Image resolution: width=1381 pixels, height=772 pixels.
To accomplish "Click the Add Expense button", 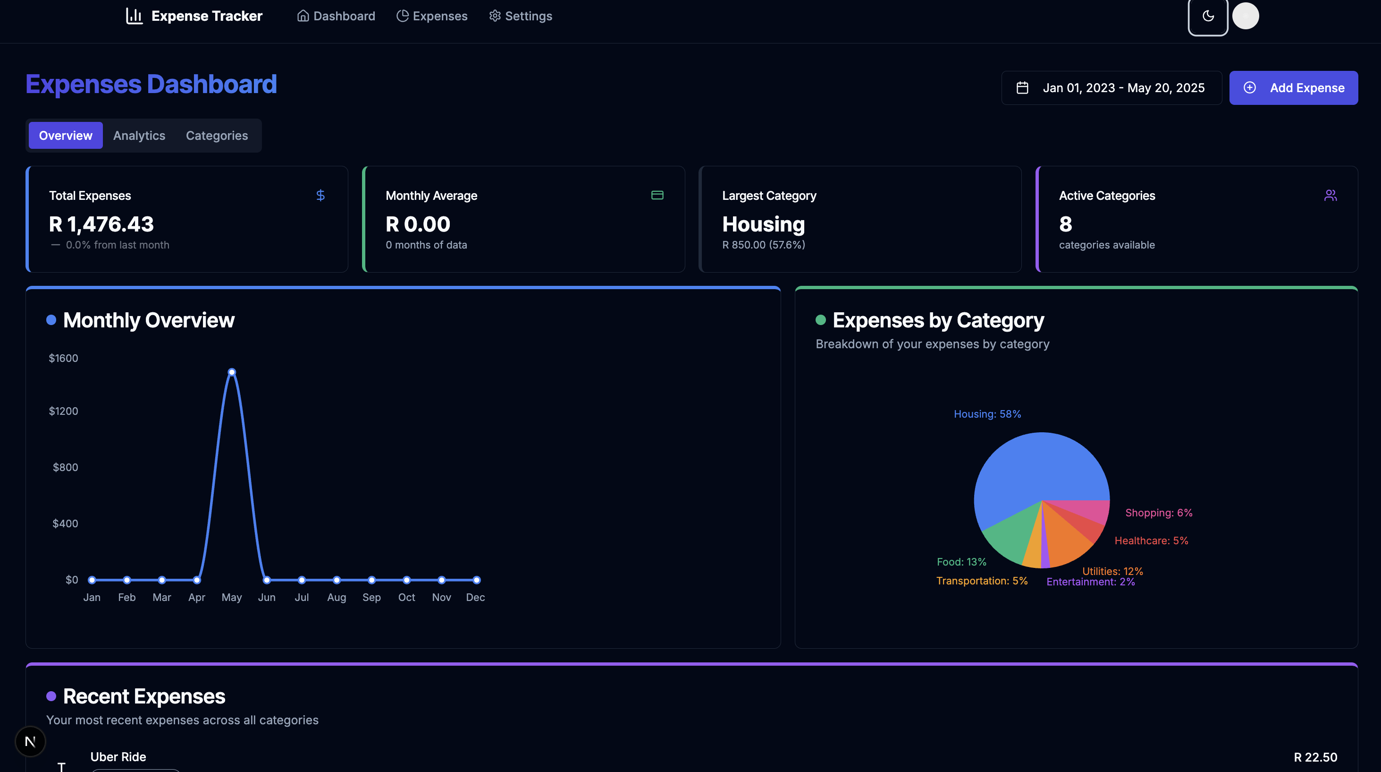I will [1293, 87].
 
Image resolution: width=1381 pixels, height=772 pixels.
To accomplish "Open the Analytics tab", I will [139, 136].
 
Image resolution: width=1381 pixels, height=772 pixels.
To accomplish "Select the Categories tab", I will [217, 136].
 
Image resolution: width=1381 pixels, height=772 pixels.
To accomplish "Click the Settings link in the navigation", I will [520, 16].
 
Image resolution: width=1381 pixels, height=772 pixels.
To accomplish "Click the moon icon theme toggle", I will [1207, 16].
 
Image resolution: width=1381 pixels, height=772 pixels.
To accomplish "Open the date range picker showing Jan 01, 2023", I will [1111, 87].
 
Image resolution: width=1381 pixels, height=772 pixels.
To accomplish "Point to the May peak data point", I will [232, 372].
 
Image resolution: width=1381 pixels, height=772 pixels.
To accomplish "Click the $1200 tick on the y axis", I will [63, 411].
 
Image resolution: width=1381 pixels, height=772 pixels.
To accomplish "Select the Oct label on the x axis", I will [406, 597].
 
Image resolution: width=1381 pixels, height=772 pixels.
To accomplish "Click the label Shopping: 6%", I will [1159, 513].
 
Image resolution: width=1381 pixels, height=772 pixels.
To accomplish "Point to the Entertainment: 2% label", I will [1090, 582].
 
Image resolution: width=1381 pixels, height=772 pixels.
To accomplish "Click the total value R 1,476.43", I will [101, 224].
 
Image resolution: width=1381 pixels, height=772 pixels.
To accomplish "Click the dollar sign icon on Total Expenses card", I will [320, 195].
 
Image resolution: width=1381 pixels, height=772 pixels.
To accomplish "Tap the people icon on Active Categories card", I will [1330, 195].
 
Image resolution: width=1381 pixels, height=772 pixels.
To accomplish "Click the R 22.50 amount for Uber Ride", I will [1314, 757].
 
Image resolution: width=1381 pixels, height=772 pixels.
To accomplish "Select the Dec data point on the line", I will [476, 580].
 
